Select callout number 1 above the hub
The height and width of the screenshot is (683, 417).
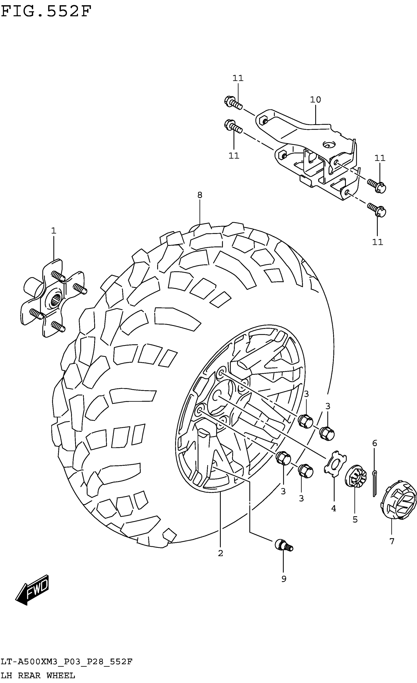click(53, 231)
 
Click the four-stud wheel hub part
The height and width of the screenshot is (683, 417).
click(53, 298)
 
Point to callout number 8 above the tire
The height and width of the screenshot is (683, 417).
click(200, 195)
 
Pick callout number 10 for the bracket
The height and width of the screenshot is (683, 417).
click(315, 99)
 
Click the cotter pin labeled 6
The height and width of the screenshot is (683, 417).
click(375, 483)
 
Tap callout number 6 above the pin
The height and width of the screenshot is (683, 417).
click(375, 443)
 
